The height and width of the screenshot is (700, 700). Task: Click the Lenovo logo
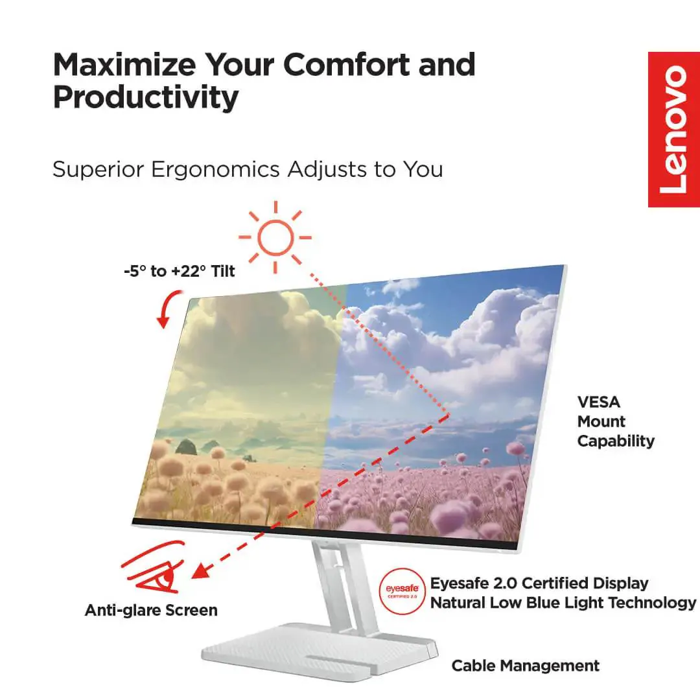pos(673,129)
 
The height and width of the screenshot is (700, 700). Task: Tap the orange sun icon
pos(275,237)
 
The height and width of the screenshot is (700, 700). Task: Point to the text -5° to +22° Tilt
pos(179,272)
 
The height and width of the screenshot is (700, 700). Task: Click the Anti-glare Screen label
pos(151,610)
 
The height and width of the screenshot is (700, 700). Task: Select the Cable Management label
pos(525,666)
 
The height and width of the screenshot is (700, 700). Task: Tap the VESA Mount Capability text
pos(615,422)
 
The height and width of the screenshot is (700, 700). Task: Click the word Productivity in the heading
pos(145,97)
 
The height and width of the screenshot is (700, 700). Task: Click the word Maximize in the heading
pos(124,64)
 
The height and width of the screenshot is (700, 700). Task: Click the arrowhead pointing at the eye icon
pos(202,570)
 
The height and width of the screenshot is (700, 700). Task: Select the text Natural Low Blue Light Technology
pos(563,603)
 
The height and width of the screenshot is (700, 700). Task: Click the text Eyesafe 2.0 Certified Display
pos(539,583)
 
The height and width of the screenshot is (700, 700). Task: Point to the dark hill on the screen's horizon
pos(185,447)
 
